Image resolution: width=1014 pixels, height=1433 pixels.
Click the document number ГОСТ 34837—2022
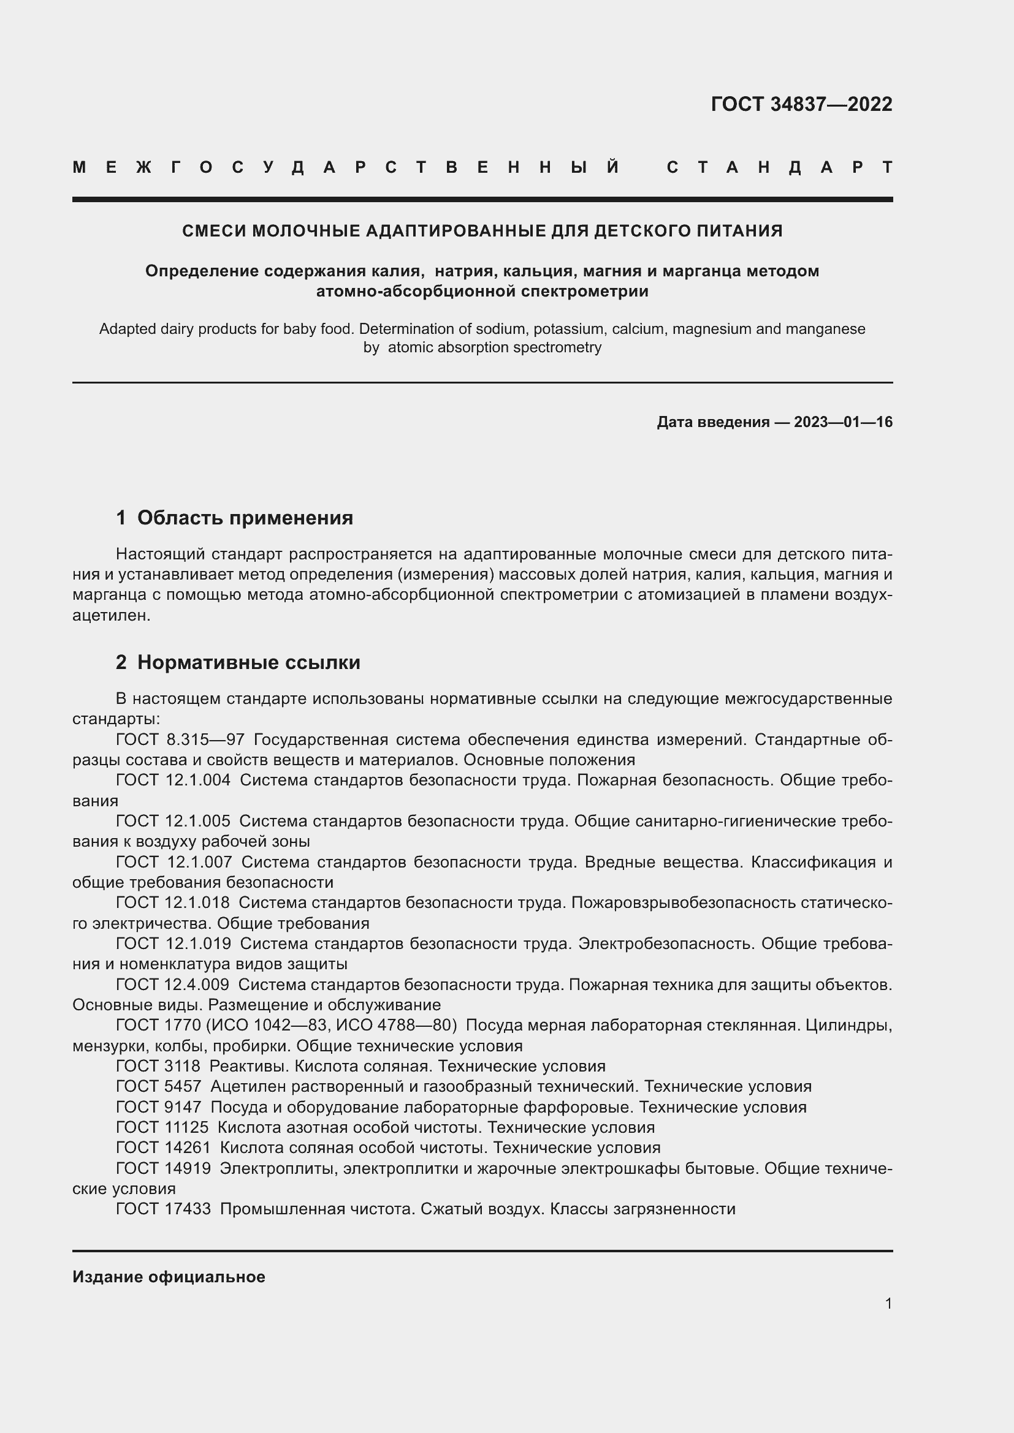(801, 104)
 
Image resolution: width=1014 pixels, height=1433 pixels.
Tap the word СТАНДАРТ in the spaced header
(779, 167)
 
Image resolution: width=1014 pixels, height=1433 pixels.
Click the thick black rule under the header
(482, 200)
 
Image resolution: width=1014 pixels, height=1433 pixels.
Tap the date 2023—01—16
(843, 423)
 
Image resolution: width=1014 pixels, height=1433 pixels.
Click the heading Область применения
(245, 518)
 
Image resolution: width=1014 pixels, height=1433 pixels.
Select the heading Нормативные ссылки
(248, 662)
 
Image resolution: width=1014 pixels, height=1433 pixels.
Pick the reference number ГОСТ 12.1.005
(173, 822)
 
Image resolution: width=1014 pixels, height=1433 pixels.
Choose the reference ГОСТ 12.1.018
(173, 902)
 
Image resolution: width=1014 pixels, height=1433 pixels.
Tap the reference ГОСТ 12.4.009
(173, 985)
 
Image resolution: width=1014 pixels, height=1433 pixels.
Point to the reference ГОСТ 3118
(158, 1066)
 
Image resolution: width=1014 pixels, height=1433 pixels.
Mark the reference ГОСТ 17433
(164, 1209)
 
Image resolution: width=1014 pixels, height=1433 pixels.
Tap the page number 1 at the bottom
(888, 1304)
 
